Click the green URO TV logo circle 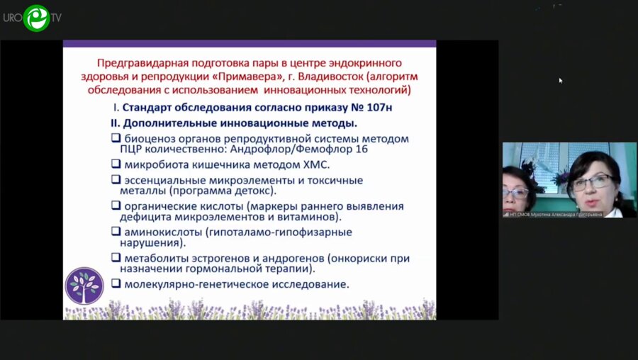coord(35,17)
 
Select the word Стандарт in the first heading coord(150,108)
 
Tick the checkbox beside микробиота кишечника coord(116,164)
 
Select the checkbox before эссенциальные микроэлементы coord(116,179)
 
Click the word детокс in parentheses coord(257,191)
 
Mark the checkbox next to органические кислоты coord(116,205)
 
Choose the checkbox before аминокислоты coord(116,231)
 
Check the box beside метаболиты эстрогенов coord(116,257)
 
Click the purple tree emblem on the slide coord(84,286)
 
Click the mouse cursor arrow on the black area coord(560,81)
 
